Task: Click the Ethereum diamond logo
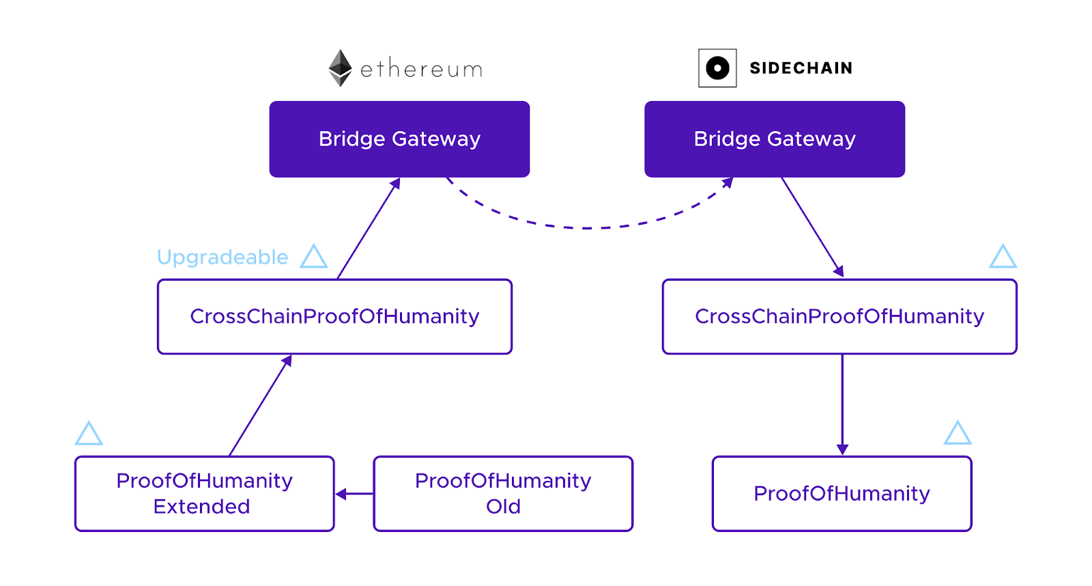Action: pos(340,68)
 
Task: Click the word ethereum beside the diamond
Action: pos(421,69)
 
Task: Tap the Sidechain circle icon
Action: pos(717,68)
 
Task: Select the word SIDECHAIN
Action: pos(801,68)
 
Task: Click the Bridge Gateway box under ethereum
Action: pos(399,139)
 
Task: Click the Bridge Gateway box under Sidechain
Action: pos(775,139)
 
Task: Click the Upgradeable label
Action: pos(222,257)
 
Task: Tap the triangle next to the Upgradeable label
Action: pos(313,256)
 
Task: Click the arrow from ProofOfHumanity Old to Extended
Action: pos(354,494)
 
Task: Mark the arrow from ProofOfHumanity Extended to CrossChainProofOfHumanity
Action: pos(260,406)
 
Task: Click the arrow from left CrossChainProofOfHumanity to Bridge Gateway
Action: pos(369,228)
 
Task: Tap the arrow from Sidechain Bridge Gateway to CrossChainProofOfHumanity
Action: pos(813,227)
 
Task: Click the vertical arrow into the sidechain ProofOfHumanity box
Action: pos(842,405)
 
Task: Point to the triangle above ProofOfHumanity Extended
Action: pos(89,433)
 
